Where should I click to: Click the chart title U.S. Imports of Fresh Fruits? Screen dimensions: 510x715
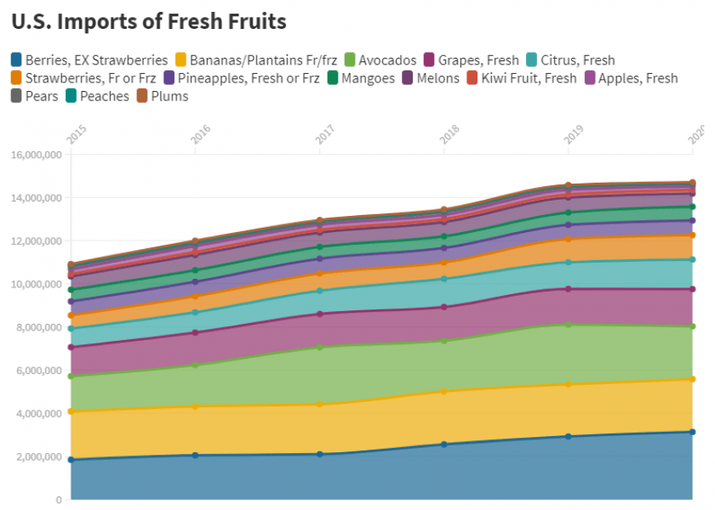149,20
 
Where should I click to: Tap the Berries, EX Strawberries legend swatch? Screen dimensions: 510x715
16,60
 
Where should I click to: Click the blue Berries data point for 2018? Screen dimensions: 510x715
443,444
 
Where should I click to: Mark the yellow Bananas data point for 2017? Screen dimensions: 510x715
319,404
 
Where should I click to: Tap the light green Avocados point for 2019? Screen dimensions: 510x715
568,325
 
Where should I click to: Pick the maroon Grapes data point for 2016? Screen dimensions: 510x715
195,332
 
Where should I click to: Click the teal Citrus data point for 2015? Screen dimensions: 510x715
71,328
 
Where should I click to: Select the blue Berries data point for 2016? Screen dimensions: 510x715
195,455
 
